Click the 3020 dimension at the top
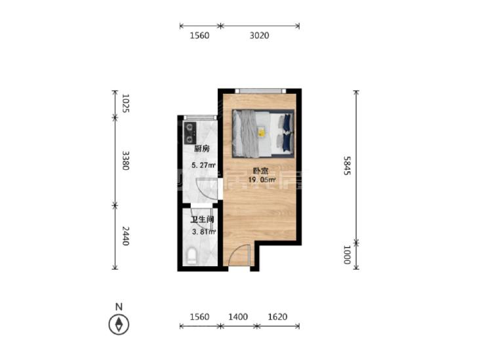260,35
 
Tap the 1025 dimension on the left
126,104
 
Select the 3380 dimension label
126,161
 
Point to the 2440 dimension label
126,235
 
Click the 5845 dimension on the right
348,165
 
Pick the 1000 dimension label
348,255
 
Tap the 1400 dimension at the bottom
238,317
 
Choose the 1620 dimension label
277,317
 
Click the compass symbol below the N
119,325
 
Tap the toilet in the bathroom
192,256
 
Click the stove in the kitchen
190,133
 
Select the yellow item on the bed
262,132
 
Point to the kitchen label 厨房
202,149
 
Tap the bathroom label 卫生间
202,219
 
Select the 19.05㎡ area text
262,180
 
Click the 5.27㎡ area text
203,165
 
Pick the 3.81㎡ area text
204,232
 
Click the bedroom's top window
260,91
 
